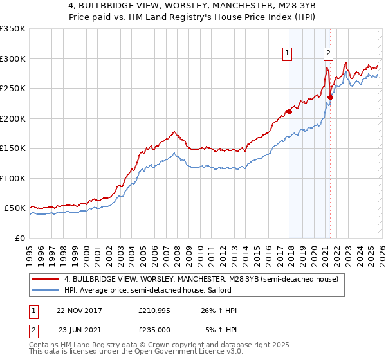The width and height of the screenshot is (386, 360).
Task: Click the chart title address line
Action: pos(192,6)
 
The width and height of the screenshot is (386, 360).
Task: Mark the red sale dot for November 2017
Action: pos(289,111)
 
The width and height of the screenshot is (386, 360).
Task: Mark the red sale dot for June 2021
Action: pos(330,98)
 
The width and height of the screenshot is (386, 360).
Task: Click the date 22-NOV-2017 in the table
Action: pos(79,310)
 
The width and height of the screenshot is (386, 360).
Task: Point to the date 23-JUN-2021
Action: pos(79,330)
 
